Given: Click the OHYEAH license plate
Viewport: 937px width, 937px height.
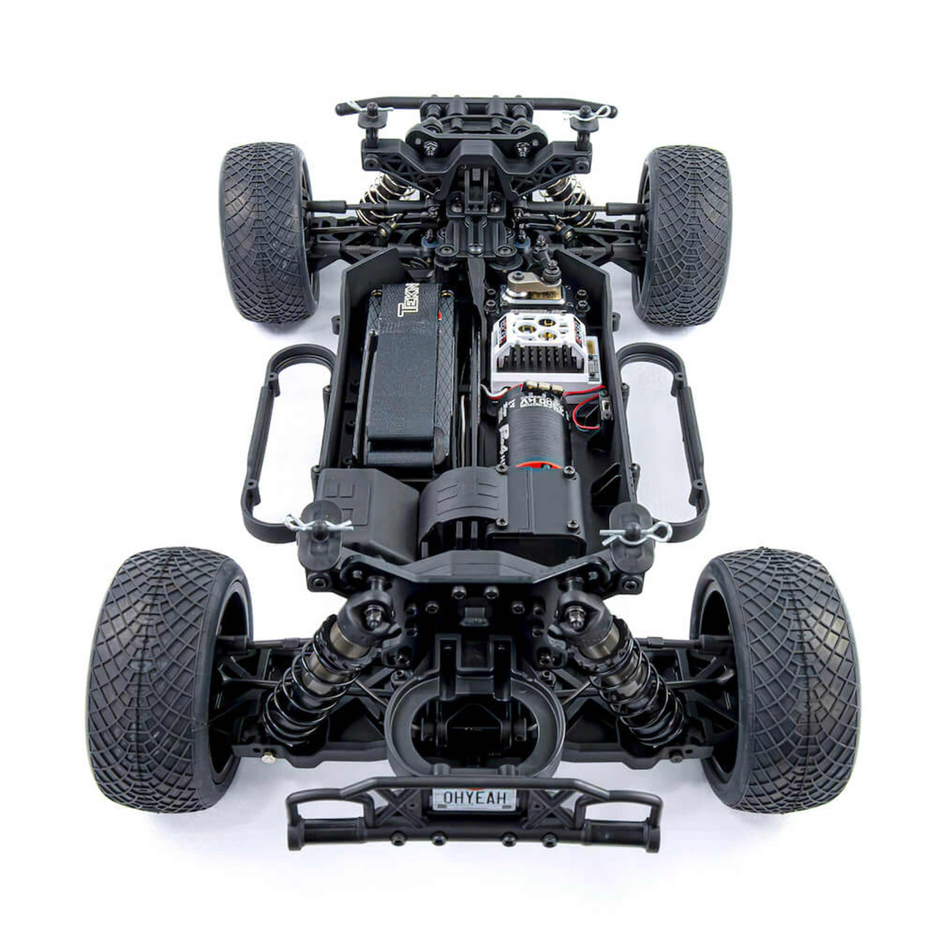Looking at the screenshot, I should pos(474,798).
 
